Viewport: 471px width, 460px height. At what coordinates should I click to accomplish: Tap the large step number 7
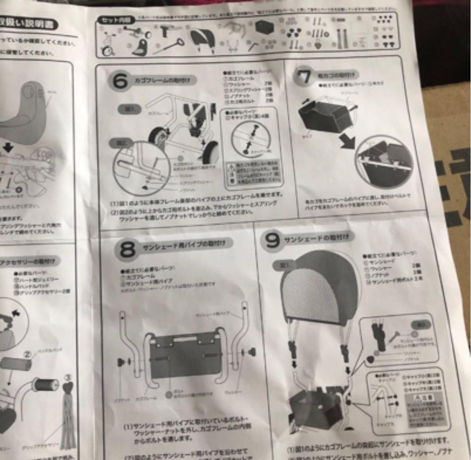(x=304, y=77)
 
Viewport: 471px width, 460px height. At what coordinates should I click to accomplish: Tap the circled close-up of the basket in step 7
(x=383, y=160)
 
